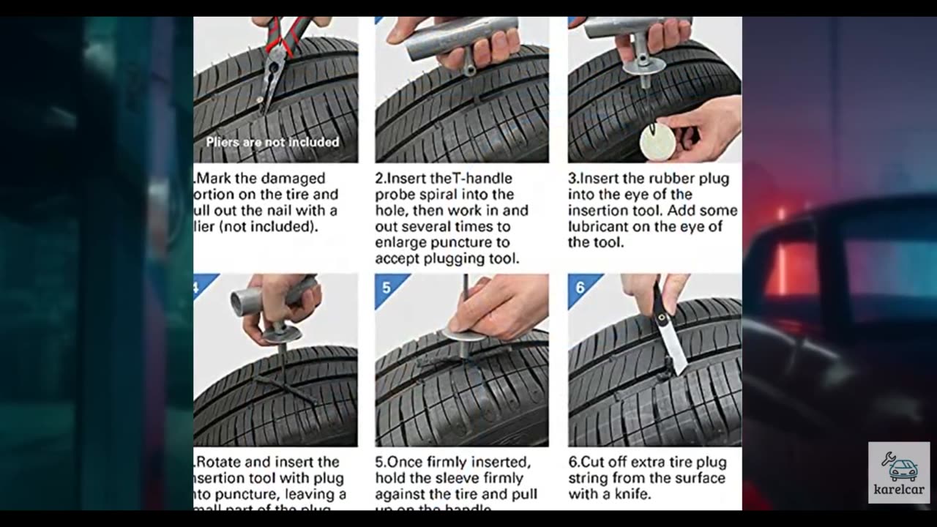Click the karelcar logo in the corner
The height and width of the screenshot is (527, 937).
898,472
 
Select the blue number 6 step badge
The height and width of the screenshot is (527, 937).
580,287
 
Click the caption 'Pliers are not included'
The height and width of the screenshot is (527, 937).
272,142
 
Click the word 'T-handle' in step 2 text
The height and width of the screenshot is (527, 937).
483,179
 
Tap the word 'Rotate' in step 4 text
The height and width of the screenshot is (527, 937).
219,463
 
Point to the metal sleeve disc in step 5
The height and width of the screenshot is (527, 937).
463,334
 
